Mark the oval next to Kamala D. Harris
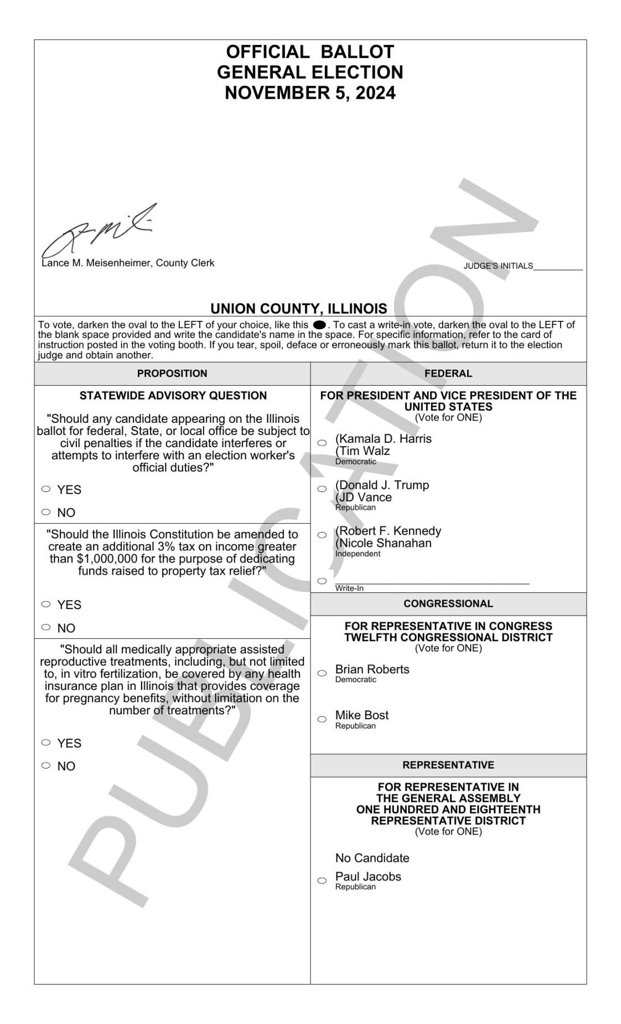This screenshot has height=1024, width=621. [x=322, y=443]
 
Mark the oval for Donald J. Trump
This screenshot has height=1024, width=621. [x=322, y=489]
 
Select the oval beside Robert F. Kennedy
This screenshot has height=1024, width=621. [x=322, y=535]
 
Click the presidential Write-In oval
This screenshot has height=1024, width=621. [x=322, y=581]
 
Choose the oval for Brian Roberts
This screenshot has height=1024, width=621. [x=322, y=673]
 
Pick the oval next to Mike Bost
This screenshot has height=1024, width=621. [x=322, y=719]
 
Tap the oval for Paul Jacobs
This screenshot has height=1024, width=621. [x=322, y=880]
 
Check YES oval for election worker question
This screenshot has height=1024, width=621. [x=46, y=489]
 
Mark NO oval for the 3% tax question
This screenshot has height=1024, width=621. [x=46, y=627]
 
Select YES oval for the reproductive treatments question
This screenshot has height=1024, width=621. [x=46, y=743]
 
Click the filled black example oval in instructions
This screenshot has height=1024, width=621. [x=319, y=325]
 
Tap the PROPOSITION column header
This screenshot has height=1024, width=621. [x=172, y=374]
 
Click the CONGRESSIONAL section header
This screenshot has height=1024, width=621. [x=448, y=604]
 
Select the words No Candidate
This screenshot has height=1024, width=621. [x=372, y=858]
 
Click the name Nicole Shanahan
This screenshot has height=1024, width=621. [x=384, y=543]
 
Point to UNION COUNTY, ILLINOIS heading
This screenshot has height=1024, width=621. [x=299, y=309]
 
